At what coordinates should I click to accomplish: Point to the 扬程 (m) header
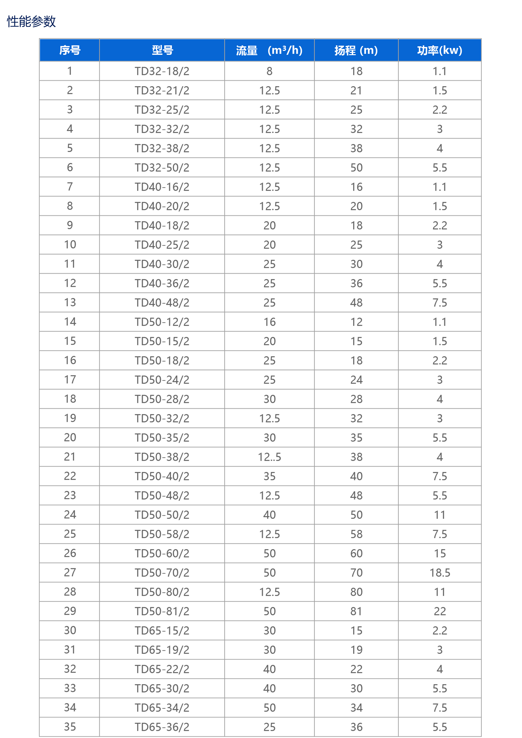[356, 50]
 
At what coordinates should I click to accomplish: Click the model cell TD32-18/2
[162, 71]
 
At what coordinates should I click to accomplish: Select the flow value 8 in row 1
[269, 71]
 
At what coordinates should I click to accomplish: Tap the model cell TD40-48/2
[162, 302]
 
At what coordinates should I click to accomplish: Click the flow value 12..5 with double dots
[269, 457]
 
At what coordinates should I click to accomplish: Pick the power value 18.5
[440, 572]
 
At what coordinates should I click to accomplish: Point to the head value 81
[356, 611]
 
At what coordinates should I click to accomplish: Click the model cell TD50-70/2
[162, 572]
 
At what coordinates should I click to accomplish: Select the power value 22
[440, 611]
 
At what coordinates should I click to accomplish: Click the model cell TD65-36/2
[162, 727]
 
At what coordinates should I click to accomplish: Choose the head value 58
[356, 534]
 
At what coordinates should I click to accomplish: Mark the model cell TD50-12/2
[162, 322]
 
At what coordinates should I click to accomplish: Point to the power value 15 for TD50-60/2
[440, 553]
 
